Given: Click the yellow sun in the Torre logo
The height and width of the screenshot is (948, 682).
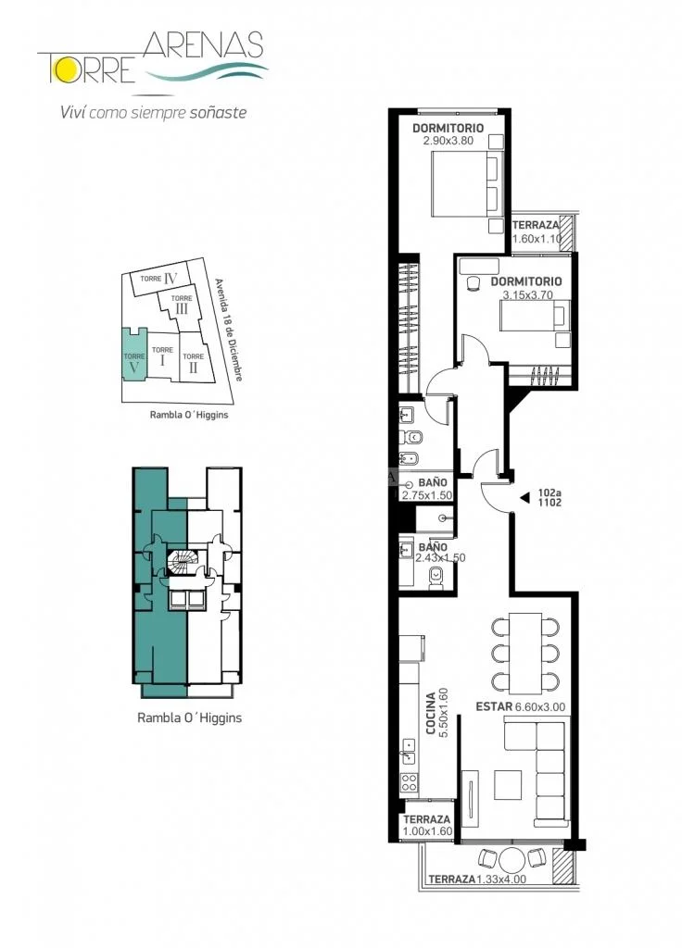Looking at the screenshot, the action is tap(61, 70).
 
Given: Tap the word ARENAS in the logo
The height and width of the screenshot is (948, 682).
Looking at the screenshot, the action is tap(204, 45).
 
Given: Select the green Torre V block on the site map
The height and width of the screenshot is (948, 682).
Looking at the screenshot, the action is tap(134, 355).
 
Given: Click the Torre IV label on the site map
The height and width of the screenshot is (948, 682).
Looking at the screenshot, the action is tap(158, 279).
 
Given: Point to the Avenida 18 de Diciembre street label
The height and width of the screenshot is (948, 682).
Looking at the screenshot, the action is tap(230, 330).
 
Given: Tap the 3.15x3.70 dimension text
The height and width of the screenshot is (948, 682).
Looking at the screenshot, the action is tap(527, 295).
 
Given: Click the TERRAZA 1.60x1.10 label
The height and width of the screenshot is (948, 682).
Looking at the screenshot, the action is tap(537, 231).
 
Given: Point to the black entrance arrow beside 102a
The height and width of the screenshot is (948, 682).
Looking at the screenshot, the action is tap(525, 497).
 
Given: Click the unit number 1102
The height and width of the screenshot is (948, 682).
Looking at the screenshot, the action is tap(549, 503).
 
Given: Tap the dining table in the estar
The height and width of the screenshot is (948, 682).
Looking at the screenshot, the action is tap(525, 654).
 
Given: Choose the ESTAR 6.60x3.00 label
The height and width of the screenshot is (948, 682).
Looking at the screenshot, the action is tap(521, 706).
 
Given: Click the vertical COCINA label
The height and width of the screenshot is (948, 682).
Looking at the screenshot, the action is tap(431, 714).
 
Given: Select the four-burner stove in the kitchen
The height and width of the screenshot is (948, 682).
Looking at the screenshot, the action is tap(409, 782).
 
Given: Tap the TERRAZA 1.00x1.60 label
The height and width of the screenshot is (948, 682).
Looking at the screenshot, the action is tap(427, 825).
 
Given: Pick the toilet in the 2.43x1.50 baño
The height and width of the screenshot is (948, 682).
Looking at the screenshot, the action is tap(436, 577).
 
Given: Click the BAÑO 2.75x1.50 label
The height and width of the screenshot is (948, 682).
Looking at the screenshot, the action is tap(427, 489).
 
